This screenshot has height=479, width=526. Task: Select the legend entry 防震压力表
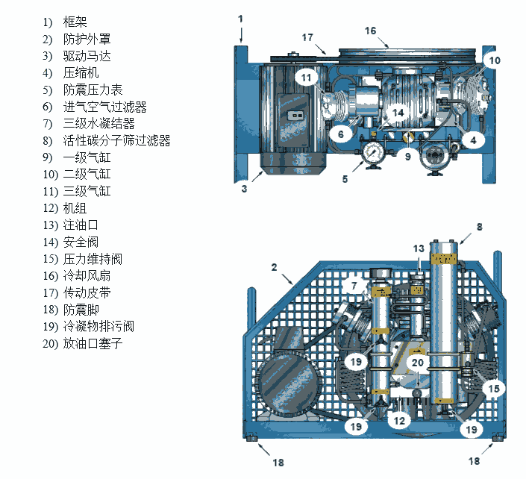[93, 90]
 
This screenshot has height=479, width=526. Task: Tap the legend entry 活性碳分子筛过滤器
[116, 140]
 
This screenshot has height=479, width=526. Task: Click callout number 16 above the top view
[371, 31]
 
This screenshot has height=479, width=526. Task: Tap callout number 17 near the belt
[307, 37]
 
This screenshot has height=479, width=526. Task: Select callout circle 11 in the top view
[306, 77]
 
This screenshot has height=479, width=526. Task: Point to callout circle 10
[493, 60]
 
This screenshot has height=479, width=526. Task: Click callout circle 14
[398, 113]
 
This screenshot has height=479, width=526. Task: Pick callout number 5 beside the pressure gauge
[345, 178]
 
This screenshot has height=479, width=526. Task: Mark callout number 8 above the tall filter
[480, 225]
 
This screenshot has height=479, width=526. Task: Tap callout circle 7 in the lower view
[355, 285]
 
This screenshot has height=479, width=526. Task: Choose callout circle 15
[492, 388]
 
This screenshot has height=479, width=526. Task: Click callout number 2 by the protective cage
[274, 266]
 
